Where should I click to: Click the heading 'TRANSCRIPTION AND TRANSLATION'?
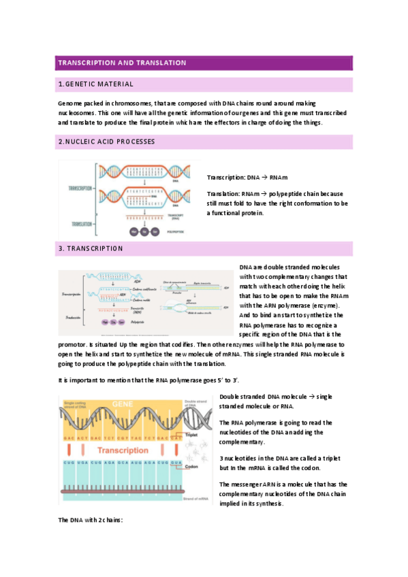(122, 63)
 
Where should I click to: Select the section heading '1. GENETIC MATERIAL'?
(95, 84)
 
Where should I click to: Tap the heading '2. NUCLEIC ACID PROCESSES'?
(106, 142)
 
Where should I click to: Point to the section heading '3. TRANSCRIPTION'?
(91, 248)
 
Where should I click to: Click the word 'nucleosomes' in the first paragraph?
(77, 112)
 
